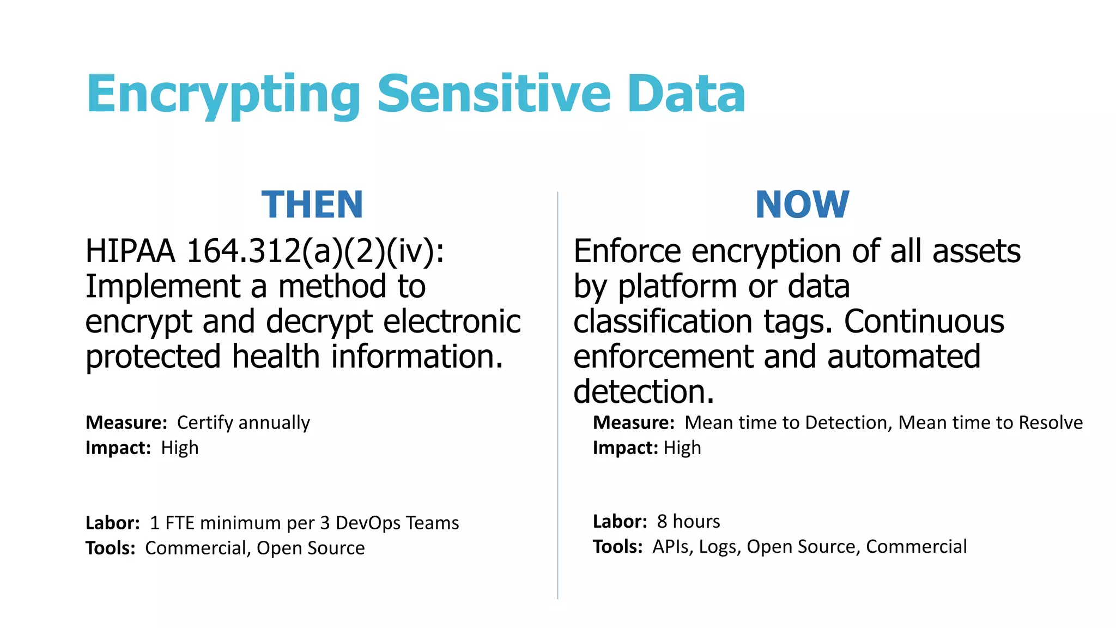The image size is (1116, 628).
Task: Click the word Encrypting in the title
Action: (222, 95)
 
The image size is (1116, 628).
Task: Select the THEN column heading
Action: (312, 205)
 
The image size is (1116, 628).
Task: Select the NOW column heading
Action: (802, 205)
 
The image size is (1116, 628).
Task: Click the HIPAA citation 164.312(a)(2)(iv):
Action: (315, 252)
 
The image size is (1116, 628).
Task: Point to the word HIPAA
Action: (130, 252)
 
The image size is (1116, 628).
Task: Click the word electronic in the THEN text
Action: (452, 322)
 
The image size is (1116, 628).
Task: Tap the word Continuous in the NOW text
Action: (924, 322)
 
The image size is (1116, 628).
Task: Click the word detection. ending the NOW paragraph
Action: (643, 392)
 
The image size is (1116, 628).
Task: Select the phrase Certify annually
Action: (243, 423)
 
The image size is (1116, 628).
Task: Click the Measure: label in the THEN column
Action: (126, 423)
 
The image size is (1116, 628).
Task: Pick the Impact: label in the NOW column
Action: (625, 448)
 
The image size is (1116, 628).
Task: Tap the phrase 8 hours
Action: (688, 522)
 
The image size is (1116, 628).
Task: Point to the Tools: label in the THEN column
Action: (110, 548)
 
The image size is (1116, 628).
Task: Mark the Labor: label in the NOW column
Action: (620, 522)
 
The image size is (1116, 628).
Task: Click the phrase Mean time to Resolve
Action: (990, 423)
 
